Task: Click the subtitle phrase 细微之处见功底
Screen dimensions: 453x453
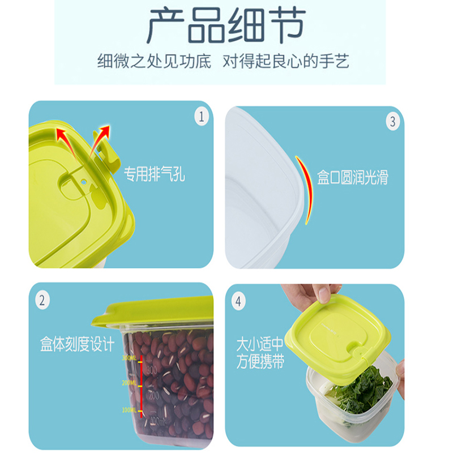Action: pos(154,61)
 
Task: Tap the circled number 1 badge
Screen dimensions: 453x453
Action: pos(202,117)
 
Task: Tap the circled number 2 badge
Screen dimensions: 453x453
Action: pos(42,300)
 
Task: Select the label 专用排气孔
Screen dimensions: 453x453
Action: pos(155,174)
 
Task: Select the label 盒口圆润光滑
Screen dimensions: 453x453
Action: pos(352,178)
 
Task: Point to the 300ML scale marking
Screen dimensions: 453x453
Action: pos(129,358)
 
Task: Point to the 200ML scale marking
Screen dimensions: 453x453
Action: pos(129,383)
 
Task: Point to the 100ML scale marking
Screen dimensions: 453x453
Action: pos(129,409)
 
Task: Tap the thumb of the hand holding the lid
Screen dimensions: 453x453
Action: pos(323,294)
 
